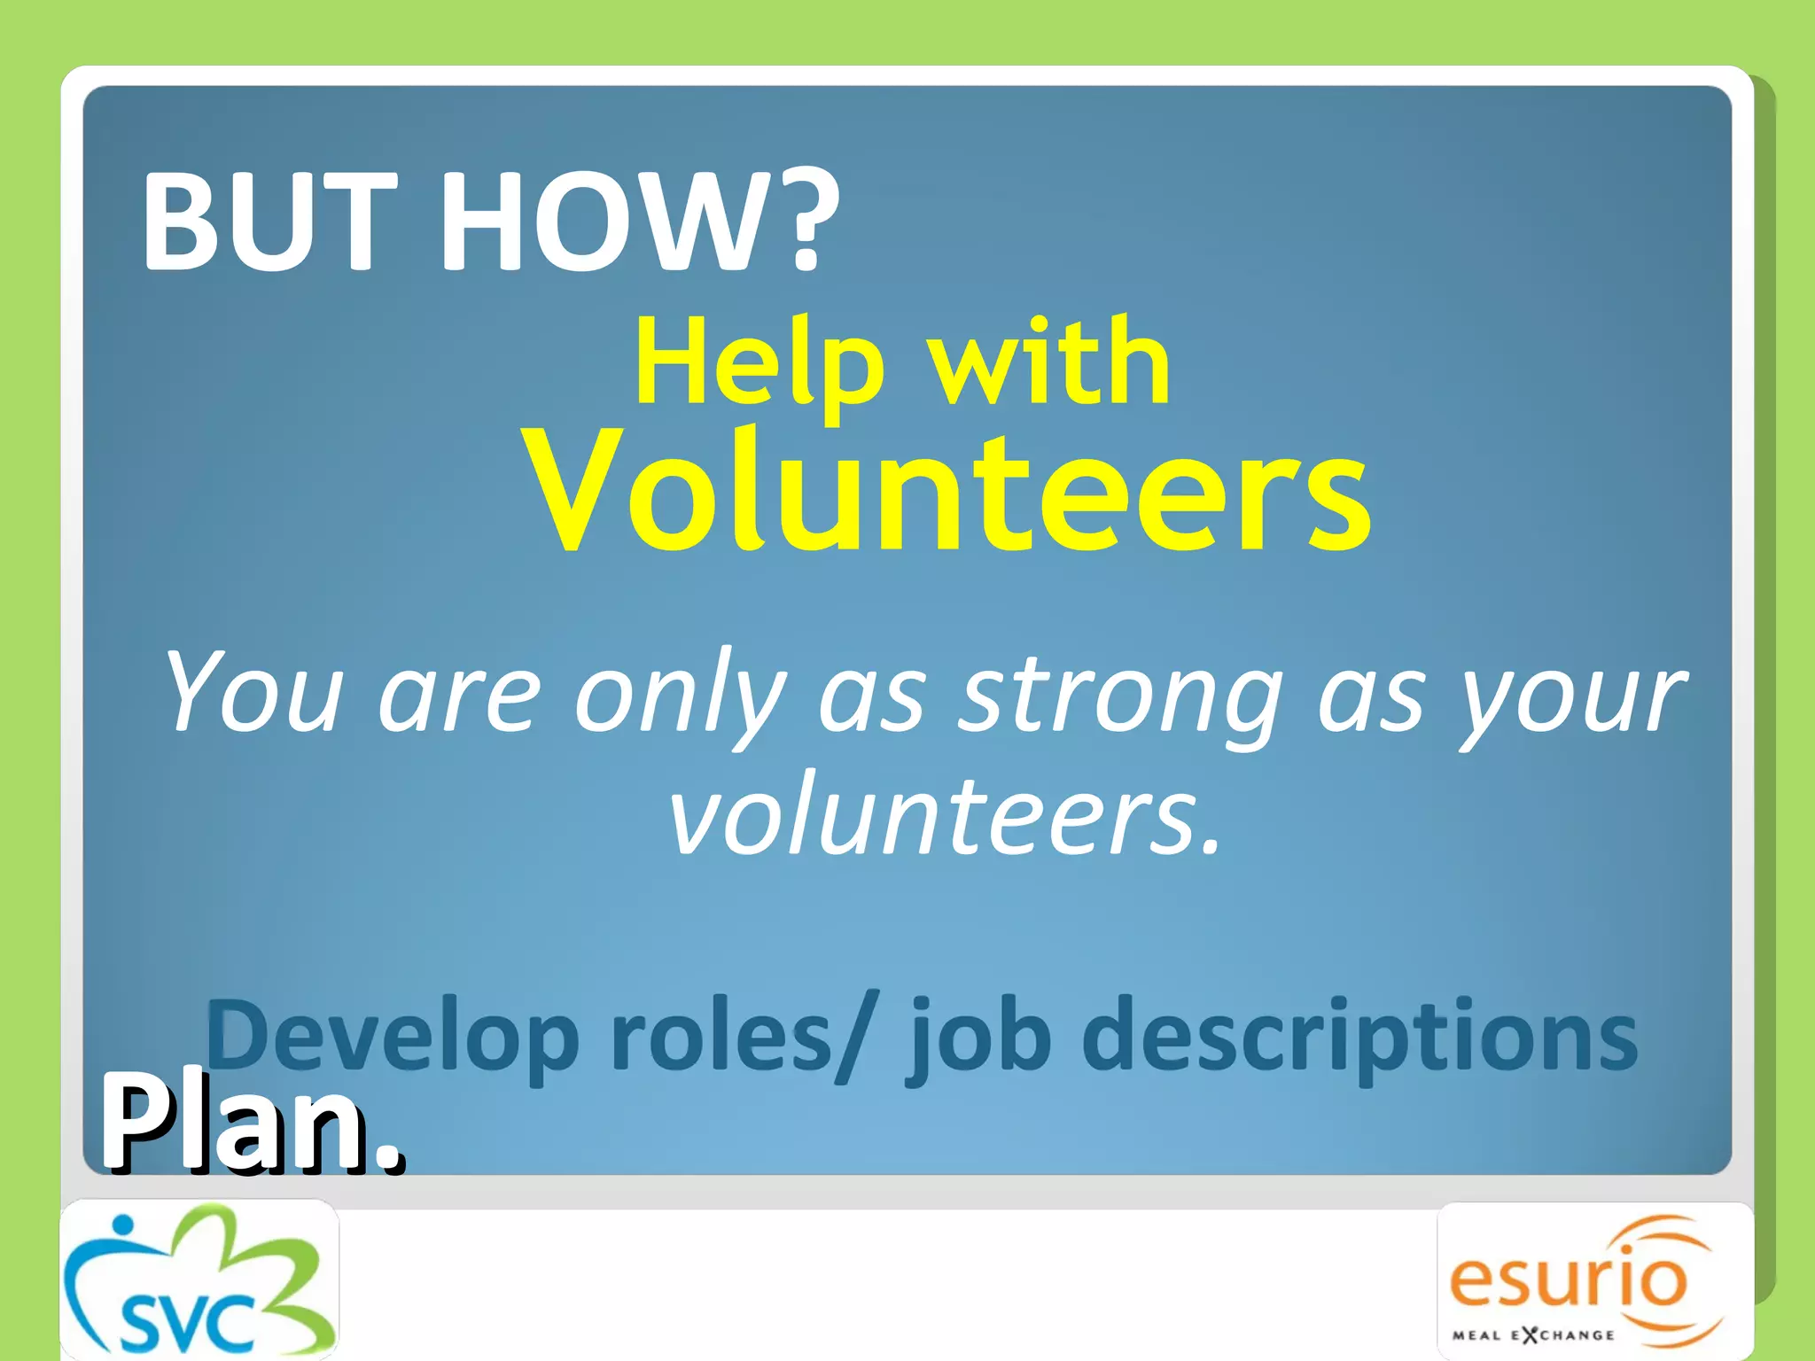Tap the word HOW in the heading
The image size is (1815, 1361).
coord(603,222)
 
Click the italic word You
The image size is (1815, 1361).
coord(253,691)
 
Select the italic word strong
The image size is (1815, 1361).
coord(1122,696)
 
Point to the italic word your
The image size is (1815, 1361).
coord(1573,696)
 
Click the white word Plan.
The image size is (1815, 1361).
coord(253,1124)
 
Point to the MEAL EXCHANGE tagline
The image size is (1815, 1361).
coord(1533,1334)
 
